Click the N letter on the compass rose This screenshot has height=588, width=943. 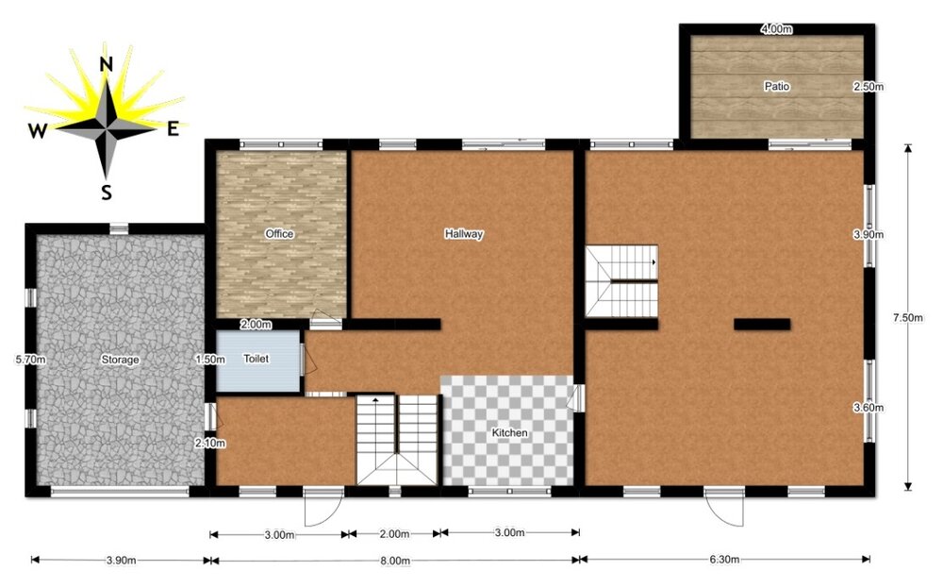click(107, 64)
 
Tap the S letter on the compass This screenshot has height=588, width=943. click(107, 193)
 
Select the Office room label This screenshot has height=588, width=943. click(279, 234)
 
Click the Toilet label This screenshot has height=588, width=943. click(256, 360)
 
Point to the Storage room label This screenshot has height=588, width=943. click(120, 360)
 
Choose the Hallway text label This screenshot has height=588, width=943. click(464, 234)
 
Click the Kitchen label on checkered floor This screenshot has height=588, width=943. click(509, 433)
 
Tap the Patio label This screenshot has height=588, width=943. click(777, 86)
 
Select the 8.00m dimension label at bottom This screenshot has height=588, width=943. click(394, 561)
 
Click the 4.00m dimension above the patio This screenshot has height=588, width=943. click(775, 29)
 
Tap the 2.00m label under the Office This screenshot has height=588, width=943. click(256, 325)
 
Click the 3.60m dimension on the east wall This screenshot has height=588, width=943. click(868, 408)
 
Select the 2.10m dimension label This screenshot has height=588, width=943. click(208, 443)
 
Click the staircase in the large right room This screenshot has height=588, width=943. click(620, 281)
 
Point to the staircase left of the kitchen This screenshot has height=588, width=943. click(397, 440)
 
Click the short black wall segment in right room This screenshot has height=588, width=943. click(761, 325)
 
